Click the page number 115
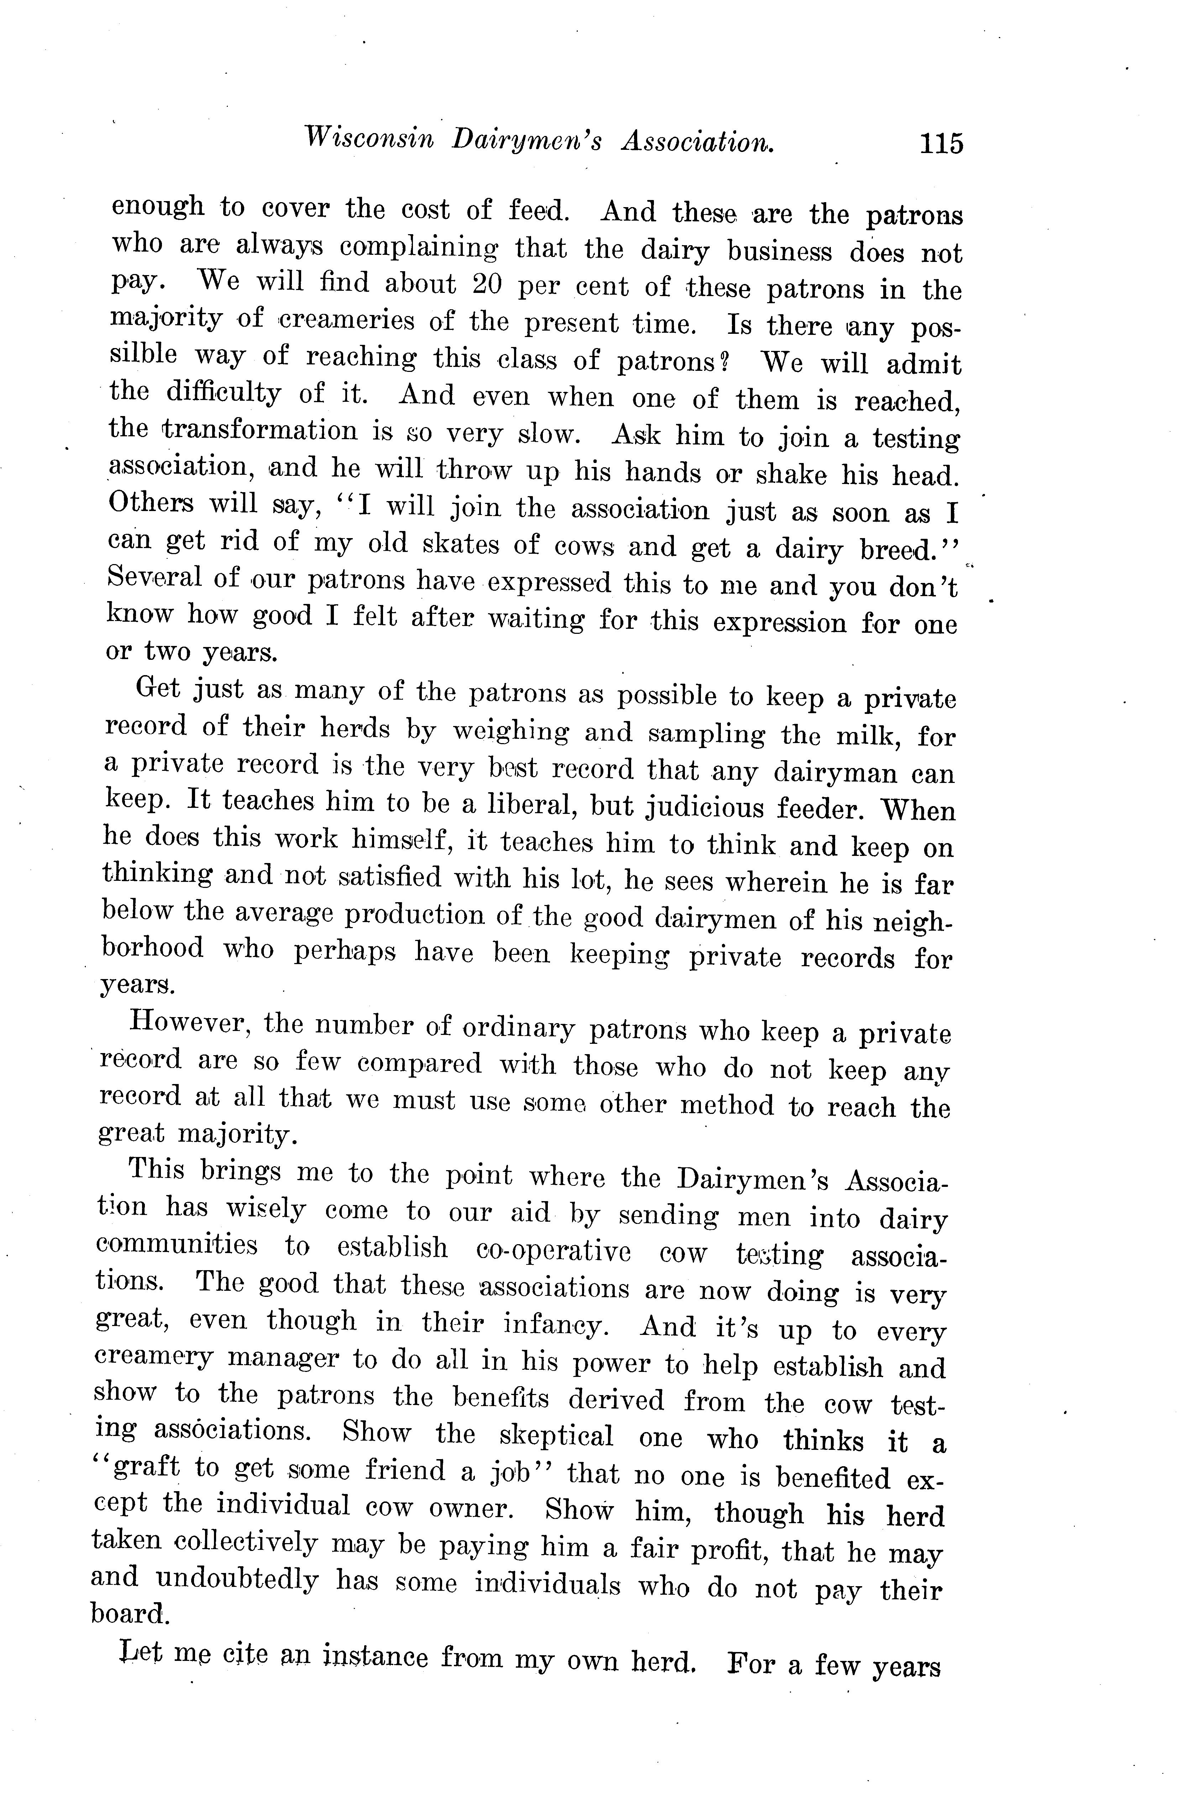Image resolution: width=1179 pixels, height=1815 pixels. pyautogui.click(x=941, y=143)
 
